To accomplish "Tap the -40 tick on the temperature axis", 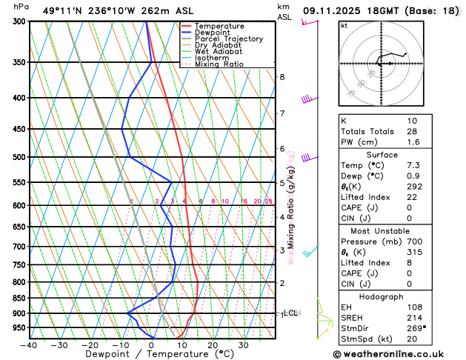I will tap(29, 344).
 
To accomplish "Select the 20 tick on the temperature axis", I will tap(212, 344).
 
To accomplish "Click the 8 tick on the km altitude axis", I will tap(282, 77).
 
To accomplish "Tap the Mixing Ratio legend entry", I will tap(219, 64).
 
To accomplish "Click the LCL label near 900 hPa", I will tap(291, 313).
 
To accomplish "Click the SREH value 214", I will tap(414, 317).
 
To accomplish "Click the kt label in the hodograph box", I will tap(344, 26).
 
